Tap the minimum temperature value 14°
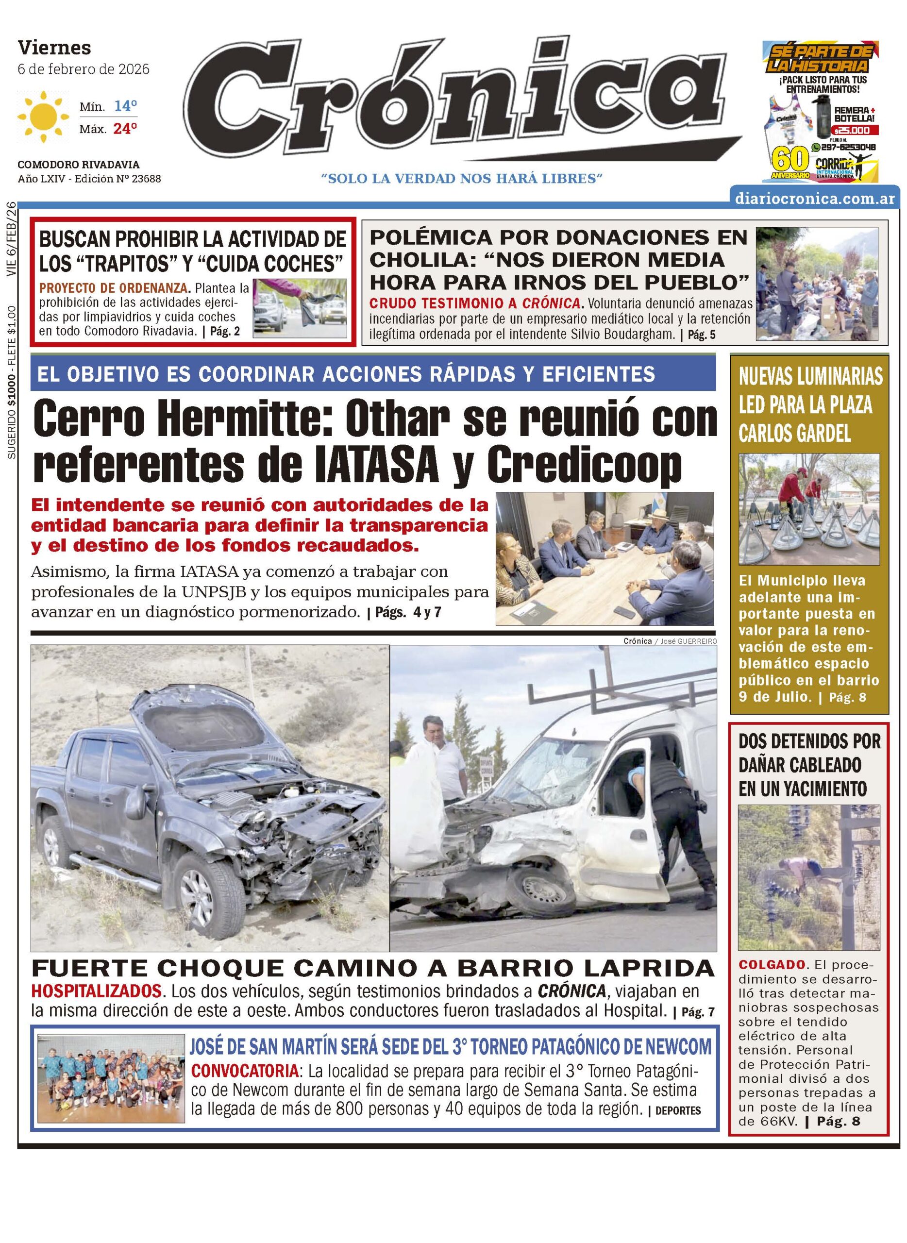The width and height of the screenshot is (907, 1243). click(125, 106)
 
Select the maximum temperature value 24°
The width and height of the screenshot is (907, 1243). click(125, 129)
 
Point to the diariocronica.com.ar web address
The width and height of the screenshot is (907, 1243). click(815, 198)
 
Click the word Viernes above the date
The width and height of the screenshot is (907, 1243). click(54, 48)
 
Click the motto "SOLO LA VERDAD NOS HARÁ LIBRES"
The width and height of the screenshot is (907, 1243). click(462, 178)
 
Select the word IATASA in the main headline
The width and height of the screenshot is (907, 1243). click(375, 464)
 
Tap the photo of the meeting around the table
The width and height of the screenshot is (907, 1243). click(605, 558)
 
